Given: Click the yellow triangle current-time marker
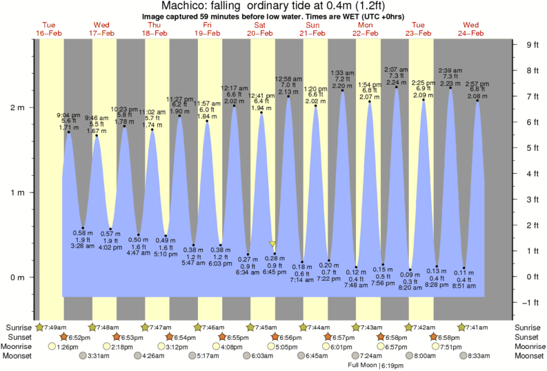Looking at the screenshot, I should [273, 244].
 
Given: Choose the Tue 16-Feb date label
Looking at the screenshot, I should [48, 28].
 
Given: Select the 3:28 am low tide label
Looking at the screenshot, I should [83, 245].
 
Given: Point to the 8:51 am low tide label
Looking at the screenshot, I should [464, 285].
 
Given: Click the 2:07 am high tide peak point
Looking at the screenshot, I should [397, 88].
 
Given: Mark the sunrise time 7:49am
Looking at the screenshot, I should [54, 327].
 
